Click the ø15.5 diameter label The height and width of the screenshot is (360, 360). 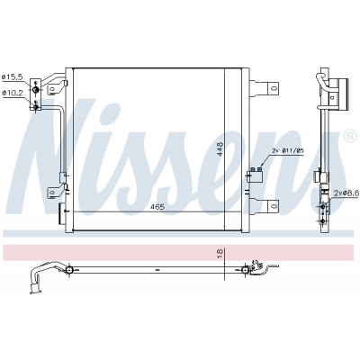pyautogui.click(x=13, y=77)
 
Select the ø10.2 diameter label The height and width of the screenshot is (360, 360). pyautogui.click(x=13, y=93)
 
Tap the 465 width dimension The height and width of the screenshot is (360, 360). pyautogui.click(x=157, y=207)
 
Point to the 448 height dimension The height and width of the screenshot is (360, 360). pyautogui.click(x=220, y=148)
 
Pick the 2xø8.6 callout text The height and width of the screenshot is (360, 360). pyautogui.click(x=346, y=193)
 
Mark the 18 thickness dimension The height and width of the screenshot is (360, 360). pyautogui.click(x=220, y=254)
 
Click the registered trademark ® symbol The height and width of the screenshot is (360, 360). pyautogui.click(x=349, y=136)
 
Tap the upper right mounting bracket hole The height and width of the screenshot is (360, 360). pyautogui.click(x=273, y=88)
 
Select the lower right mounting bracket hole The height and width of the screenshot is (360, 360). pyautogui.click(x=273, y=206)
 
